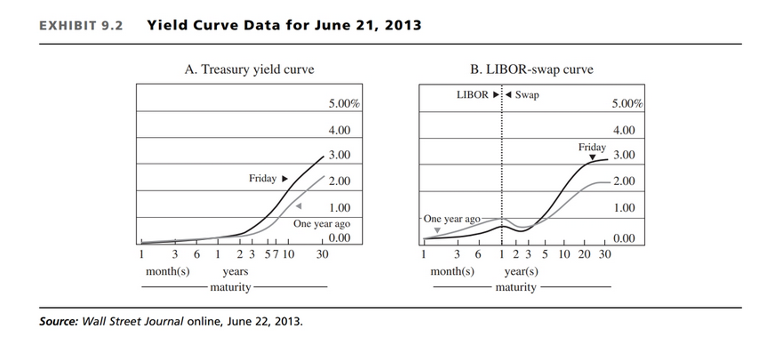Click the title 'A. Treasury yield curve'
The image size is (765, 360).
249,70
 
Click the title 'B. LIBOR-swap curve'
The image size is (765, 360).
532,70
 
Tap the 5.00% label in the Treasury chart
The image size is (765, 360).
344,103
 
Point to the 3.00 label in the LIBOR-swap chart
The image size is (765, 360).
624,155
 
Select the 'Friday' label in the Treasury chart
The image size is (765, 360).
262,179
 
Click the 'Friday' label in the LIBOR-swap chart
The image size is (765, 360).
592,148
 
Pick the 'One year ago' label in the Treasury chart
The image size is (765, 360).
321,224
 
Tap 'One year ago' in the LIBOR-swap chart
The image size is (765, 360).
452,219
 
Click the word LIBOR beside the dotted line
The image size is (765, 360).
472,95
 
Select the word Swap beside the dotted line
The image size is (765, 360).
527,95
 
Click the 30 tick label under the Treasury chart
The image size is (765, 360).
322,254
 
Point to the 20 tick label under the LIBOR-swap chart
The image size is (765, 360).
584,254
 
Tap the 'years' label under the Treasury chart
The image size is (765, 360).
235,271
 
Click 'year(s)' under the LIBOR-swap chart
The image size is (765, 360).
521,271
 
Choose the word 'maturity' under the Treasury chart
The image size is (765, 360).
230,287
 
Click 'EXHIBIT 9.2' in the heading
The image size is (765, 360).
81,26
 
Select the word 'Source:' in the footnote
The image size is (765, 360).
58,321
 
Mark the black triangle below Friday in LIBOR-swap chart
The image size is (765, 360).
592,158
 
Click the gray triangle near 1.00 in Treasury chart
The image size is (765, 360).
298,206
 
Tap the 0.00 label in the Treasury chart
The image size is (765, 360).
339,238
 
